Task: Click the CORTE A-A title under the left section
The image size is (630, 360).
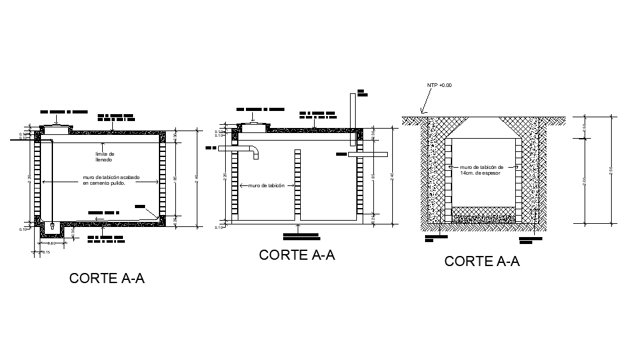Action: point(107,278)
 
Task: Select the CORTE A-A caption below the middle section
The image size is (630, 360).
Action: point(296,255)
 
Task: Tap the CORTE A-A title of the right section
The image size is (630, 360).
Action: point(482,261)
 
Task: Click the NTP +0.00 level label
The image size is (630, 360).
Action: point(440,85)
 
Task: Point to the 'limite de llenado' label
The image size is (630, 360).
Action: point(105,156)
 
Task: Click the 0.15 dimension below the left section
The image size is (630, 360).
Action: point(45,252)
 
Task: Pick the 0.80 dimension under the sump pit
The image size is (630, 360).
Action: point(52,243)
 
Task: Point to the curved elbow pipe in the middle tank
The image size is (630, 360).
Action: point(254,153)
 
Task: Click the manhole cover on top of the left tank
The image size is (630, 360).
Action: point(55,127)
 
